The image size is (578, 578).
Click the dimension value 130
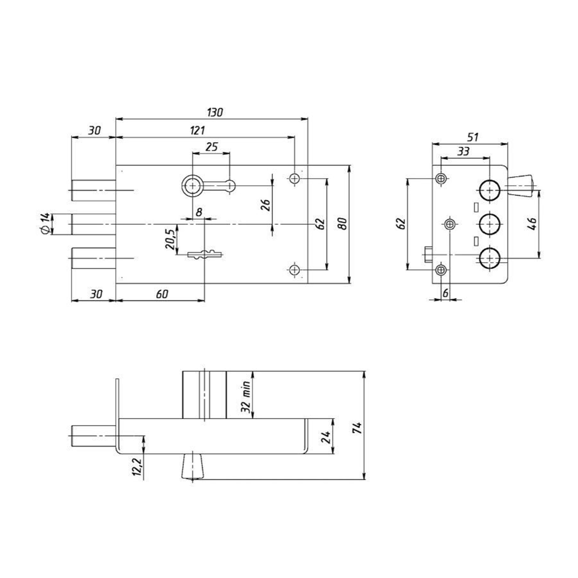[x=215, y=112]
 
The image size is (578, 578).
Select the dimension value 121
[x=197, y=130]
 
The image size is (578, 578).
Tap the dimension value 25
[x=212, y=147]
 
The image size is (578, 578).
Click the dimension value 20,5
[x=170, y=239]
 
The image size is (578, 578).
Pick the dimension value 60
[x=162, y=294]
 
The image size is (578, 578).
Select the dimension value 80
[x=343, y=224]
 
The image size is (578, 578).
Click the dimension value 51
[x=473, y=137]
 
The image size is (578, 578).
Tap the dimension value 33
[x=463, y=151]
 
